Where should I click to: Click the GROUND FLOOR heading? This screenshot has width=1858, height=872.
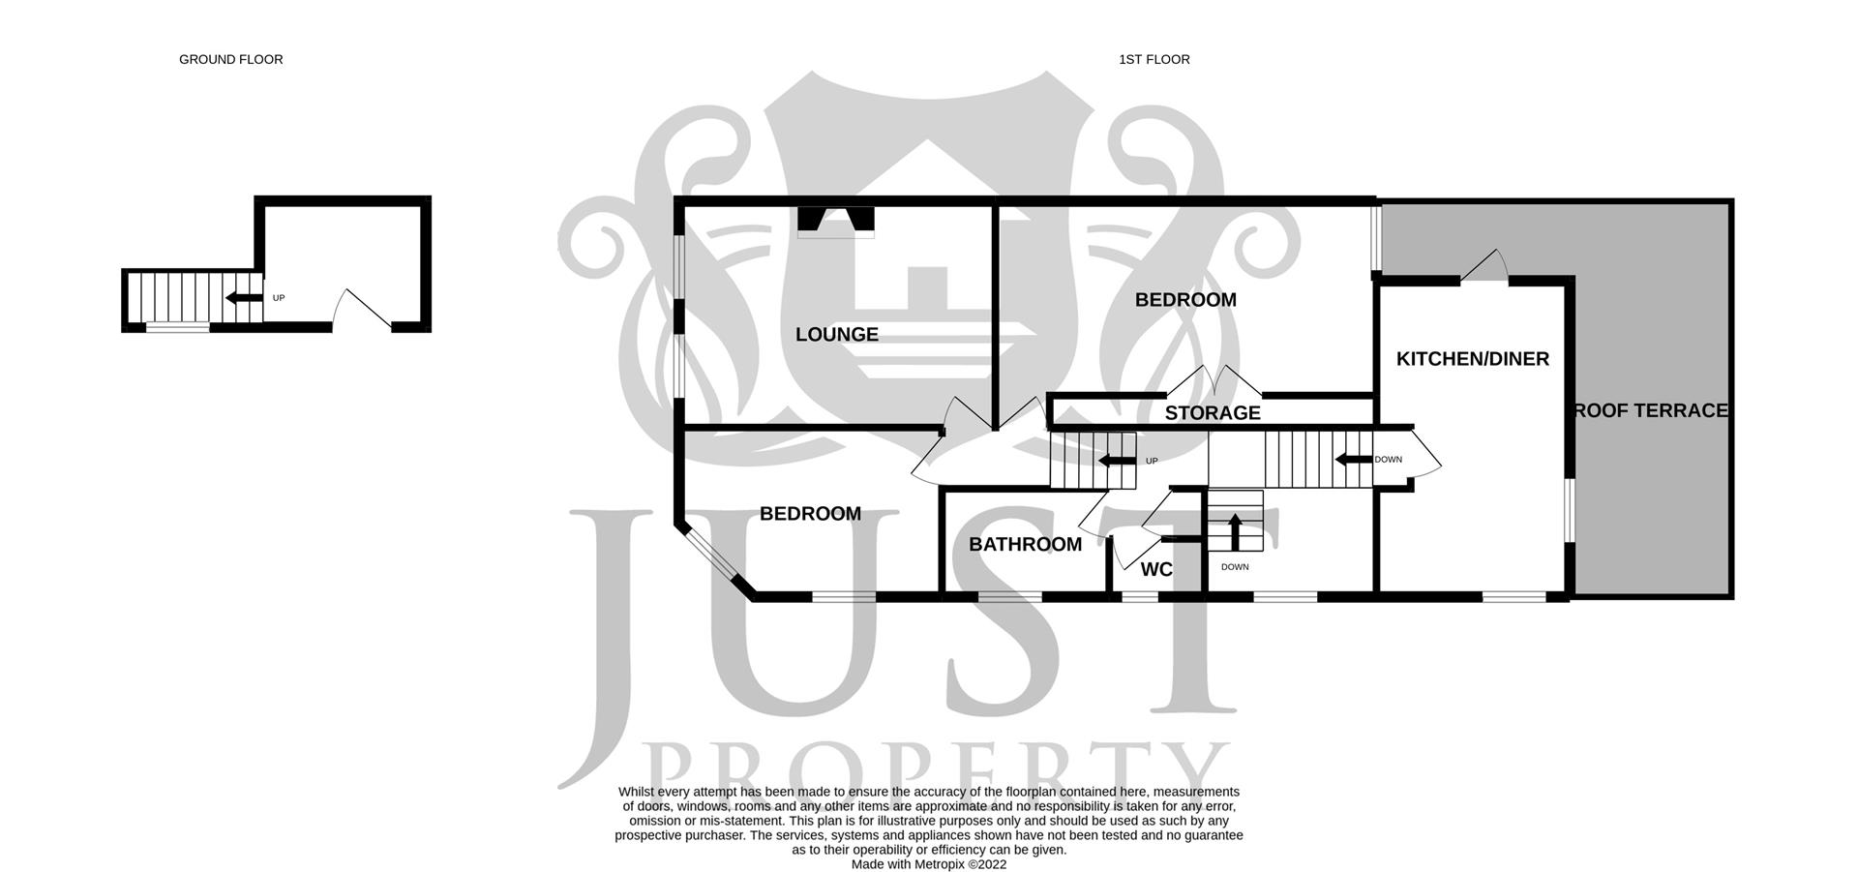(x=230, y=60)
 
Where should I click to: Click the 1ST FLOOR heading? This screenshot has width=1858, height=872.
(x=1154, y=60)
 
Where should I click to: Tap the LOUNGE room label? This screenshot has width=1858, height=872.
(x=836, y=335)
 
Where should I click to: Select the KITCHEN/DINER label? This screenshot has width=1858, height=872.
(x=1472, y=359)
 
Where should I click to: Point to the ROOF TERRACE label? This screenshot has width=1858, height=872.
(x=1650, y=410)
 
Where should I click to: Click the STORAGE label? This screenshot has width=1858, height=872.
(x=1212, y=413)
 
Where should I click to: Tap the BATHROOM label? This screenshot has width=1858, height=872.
(x=1025, y=545)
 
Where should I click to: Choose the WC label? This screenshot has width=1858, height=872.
(x=1155, y=570)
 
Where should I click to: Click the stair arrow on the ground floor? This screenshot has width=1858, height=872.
(x=244, y=298)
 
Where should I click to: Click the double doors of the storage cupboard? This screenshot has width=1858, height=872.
(x=1214, y=381)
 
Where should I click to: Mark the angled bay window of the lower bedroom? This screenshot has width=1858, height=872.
(x=710, y=556)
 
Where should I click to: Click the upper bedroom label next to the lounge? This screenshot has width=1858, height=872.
(x=1184, y=300)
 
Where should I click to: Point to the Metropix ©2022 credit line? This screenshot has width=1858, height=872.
(x=928, y=864)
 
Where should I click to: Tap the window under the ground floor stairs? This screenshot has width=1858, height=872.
(x=177, y=328)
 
